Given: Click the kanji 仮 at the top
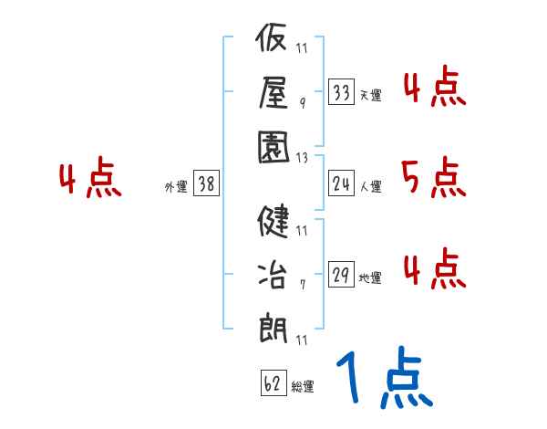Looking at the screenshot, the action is [273, 41].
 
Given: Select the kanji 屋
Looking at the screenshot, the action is [273, 91].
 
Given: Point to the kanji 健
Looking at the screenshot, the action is [273, 222].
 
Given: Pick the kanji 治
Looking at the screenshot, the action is [273, 274].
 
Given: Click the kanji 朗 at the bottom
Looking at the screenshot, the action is [273, 326].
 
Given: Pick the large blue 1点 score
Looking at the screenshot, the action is [384, 379].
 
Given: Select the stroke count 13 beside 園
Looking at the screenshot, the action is [303, 157].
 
